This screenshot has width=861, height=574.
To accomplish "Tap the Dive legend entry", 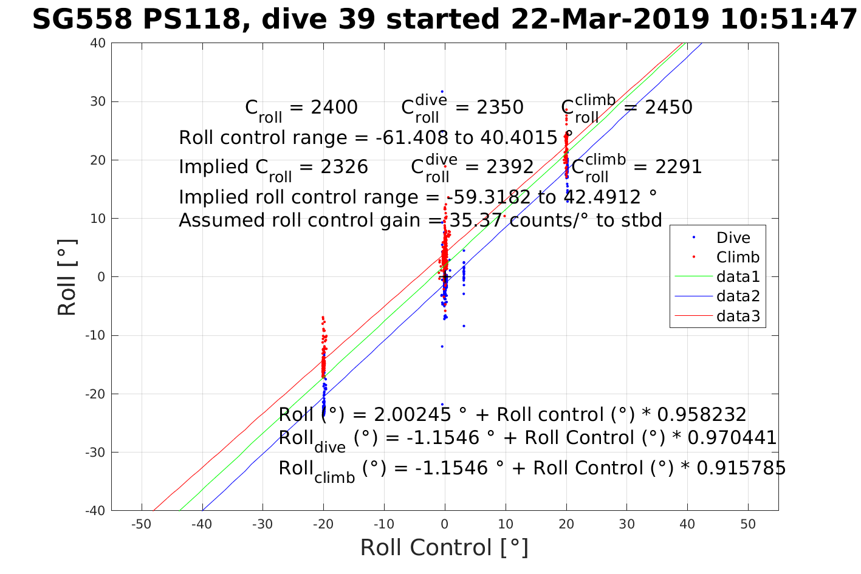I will (733, 238).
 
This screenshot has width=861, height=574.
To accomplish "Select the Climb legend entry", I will (738, 257).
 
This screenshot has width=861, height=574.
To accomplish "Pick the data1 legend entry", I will (738, 277).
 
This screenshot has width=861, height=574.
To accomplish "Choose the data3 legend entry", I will (738, 316).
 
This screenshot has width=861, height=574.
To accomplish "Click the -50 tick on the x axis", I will (141, 524).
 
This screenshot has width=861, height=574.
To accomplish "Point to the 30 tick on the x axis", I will (626, 524).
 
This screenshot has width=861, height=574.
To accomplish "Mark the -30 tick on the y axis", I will (96, 453).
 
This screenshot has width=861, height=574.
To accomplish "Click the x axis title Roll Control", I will (444, 548).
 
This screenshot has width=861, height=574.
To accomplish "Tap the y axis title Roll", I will (67, 278).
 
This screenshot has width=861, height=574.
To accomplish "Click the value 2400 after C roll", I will (334, 108).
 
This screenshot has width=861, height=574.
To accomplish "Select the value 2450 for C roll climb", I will (668, 108).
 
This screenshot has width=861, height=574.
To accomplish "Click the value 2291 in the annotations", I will (678, 167).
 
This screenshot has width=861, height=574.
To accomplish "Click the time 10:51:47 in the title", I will (788, 19).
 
